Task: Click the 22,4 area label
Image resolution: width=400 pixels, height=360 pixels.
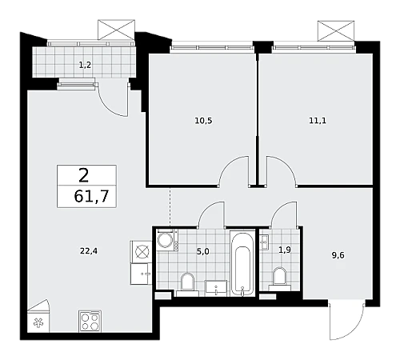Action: tap(89, 251)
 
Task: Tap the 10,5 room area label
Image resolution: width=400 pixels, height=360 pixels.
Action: tap(203, 121)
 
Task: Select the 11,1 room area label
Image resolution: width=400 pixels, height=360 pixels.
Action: tap(318, 121)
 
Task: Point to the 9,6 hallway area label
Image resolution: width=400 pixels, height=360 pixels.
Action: tap(338, 255)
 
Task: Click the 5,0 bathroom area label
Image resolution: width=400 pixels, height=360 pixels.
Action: tap(203, 251)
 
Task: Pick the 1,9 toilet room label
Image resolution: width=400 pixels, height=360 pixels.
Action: tap(285, 250)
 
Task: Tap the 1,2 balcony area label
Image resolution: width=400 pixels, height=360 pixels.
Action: tap(85, 65)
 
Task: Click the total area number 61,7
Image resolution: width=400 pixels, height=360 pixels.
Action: tap(91, 196)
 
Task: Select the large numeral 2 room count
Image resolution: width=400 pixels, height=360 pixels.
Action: tap(84, 175)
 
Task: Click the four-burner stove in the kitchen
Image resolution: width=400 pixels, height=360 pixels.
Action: tap(90, 322)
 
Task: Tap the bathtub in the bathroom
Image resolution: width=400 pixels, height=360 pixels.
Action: tap(242, 263)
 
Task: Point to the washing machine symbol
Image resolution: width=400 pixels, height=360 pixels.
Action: tap(165, 240)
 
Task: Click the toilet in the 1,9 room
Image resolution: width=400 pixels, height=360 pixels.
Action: tap(279, 278)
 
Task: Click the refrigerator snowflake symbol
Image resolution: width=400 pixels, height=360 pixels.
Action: tap(38, 323)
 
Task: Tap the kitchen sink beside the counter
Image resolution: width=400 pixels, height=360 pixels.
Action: tap(141, 274)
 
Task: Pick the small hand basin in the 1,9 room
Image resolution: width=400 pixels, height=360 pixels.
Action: tap(265, 242)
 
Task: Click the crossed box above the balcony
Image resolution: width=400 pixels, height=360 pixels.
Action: tap(116, 30)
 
